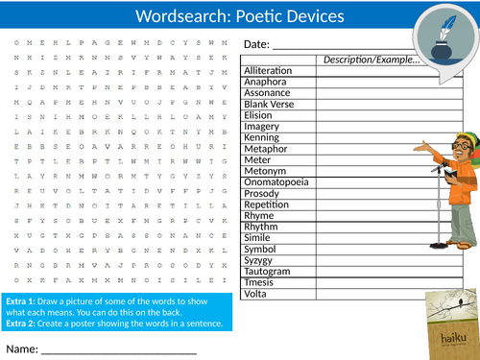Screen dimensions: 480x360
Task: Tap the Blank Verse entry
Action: [267, 106]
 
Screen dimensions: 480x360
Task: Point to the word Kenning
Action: [262, 139]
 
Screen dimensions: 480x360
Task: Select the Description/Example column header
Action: [371, 60]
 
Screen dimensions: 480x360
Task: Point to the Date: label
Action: [256, 45]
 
